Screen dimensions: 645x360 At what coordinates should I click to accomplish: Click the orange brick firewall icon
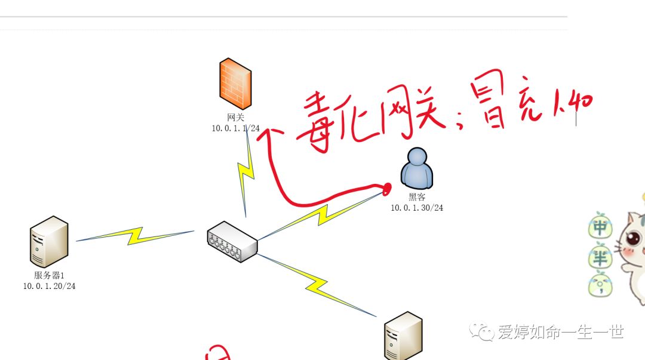tap(235, 84)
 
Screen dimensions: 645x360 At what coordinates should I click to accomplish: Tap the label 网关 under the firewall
tap(235, 118)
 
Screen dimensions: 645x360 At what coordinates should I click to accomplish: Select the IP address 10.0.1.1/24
tap(235, 128)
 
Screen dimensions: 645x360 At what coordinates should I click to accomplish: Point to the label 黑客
tap(417, 198)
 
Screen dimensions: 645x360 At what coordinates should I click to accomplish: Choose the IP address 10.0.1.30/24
tap(417, 208)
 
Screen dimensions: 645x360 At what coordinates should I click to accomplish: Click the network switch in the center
tap(232, 242)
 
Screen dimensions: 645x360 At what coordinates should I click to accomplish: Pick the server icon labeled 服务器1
tap(50, 242)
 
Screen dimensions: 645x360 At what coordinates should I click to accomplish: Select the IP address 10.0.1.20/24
tap(50, 286)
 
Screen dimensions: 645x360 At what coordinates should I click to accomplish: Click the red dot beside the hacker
tap(388, 189)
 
